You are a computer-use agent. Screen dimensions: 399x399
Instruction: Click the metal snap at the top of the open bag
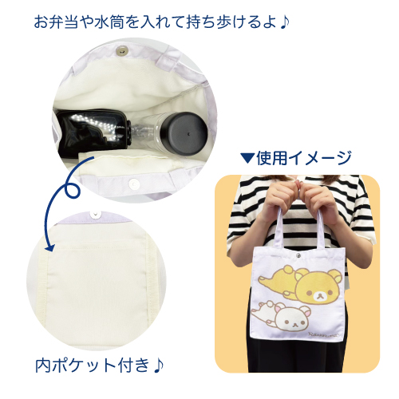(x=121, y=51)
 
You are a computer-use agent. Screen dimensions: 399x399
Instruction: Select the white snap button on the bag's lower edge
(x=132, y=183)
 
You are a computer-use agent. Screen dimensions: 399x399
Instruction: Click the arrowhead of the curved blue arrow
(x=49, y=247)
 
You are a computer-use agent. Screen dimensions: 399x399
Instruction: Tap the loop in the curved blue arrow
(x=72, y=189)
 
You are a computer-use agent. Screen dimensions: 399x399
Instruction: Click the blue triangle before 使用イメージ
(x=247, y=158)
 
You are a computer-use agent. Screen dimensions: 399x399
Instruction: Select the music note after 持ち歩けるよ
(x=285, y=22)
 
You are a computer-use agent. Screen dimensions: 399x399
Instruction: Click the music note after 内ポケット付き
(x=159, y=365)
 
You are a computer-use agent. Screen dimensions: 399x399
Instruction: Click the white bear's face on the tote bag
(x=293, y=318)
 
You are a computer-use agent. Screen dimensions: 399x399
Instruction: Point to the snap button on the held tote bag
(x=298, y=255)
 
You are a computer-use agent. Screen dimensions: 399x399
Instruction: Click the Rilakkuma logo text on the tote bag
(x=324, y=334)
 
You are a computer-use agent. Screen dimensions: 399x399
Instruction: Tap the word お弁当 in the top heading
(x=56, y=22)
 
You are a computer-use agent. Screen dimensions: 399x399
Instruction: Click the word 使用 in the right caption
(x=271, y=158)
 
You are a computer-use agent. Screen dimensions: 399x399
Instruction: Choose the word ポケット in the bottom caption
(x=85, y=365)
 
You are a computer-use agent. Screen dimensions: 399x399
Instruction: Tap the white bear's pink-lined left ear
(x=279, y=309)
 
